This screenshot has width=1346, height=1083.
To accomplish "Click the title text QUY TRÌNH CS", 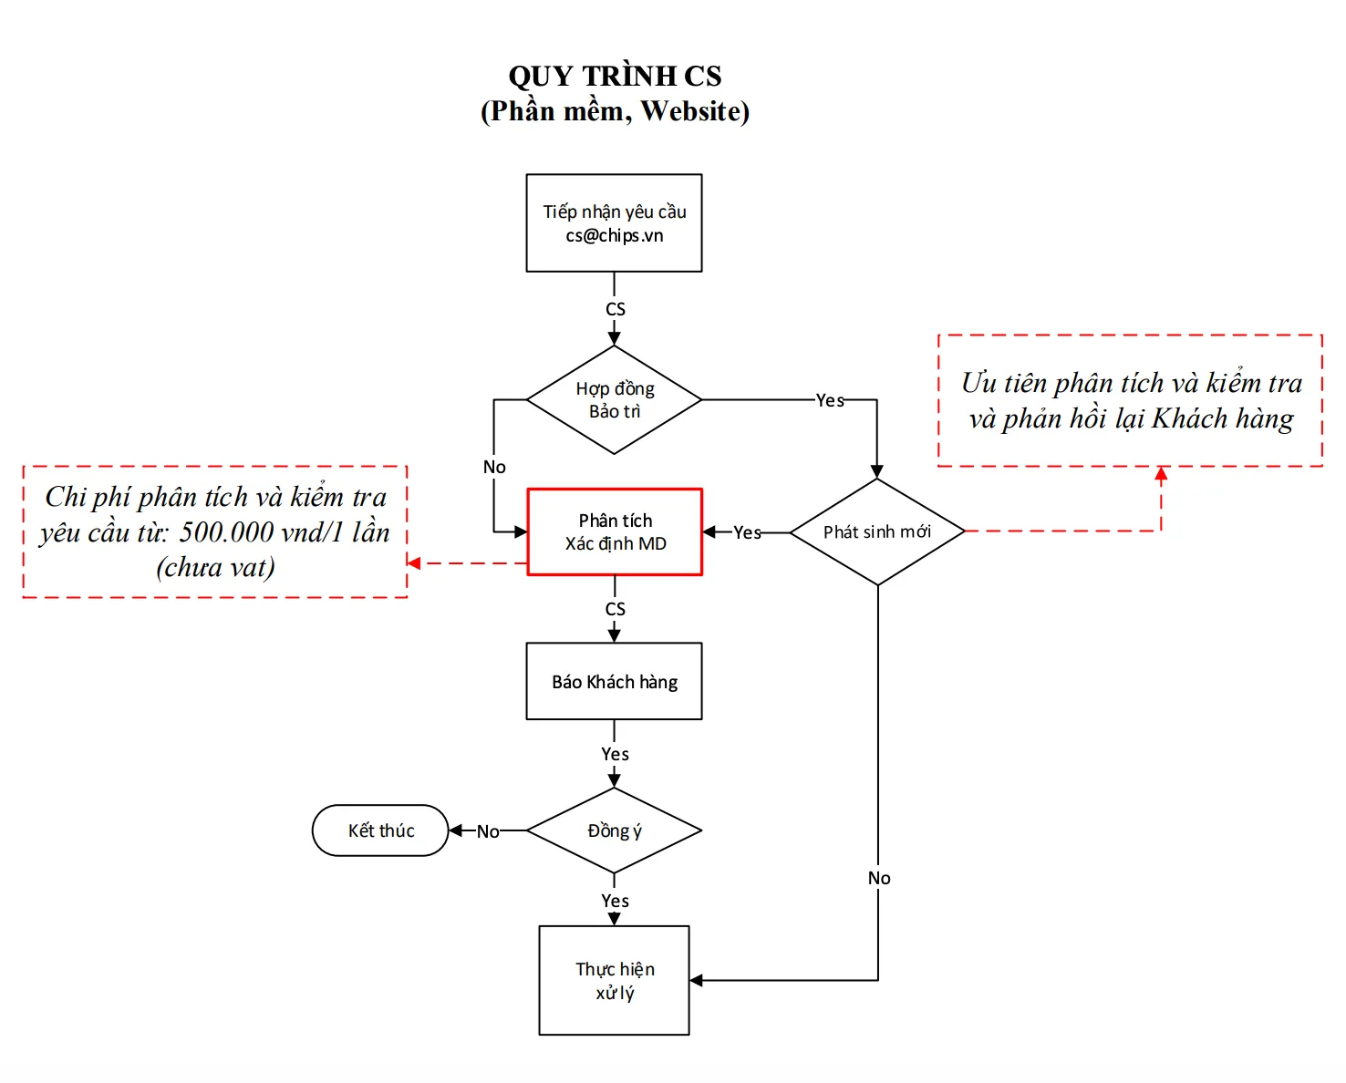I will [615, 76].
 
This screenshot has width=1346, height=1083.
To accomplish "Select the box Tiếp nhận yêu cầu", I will [614, 223].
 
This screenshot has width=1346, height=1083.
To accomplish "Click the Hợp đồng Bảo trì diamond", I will [614, 399].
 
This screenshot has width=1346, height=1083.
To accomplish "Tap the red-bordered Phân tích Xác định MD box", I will [615, 531].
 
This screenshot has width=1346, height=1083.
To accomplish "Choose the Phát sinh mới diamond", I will [876, 531].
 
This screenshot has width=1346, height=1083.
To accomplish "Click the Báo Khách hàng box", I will [614, 682].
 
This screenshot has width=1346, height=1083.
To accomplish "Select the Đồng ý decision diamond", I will [614, 830].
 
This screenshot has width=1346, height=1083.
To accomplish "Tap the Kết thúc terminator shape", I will [380, 830].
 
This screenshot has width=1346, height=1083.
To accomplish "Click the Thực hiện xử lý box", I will [614, 980].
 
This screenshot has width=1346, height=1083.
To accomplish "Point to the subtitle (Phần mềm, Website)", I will [615, 111].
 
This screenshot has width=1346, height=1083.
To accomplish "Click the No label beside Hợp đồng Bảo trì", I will [494, 467].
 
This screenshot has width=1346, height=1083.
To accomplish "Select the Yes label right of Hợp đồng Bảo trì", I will [829, 400].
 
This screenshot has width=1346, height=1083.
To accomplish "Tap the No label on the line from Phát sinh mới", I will [878, 878].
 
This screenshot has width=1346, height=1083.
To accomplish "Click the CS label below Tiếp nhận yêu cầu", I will [616, 309].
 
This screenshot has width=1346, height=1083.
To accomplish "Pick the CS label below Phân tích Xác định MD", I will [616, 609].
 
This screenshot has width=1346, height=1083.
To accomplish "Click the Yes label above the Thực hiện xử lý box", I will [615, 901].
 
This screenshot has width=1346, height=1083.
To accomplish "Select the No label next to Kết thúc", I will [488, 831].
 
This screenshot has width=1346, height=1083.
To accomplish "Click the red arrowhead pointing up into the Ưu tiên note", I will [1161, 473].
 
